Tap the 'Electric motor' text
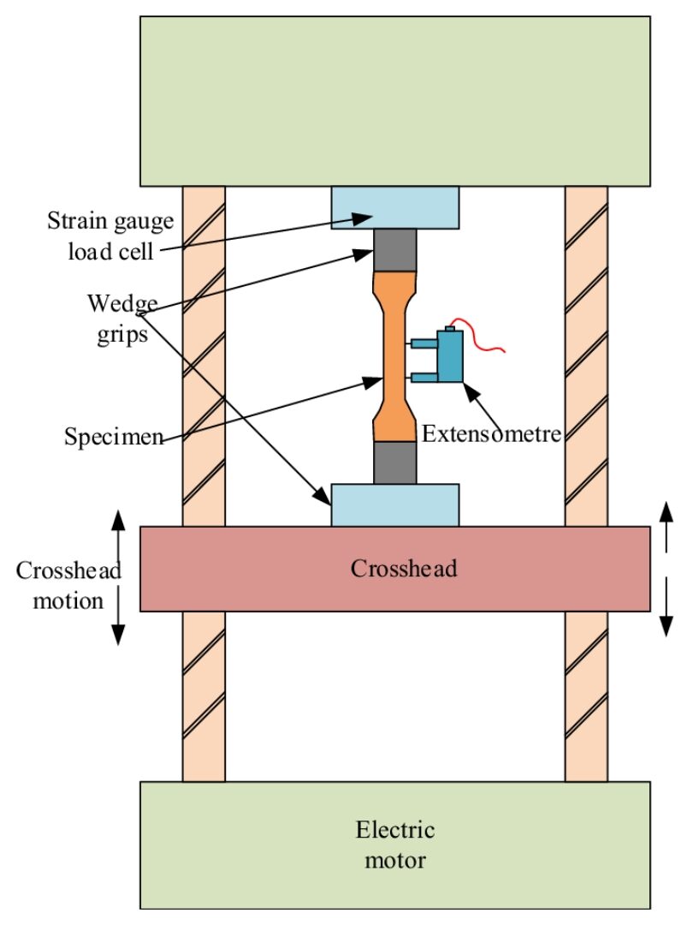click(x=394, y=844)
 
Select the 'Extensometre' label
click(x=491, y=433)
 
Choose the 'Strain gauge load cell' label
click(x=110, y=236)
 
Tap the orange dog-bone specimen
click(x=394, y=355)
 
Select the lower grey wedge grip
click(x=394, y=462)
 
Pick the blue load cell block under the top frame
click(x=394, y=206)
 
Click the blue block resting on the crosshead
click(x=394, y=504)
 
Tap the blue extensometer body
click(x=449, y=355)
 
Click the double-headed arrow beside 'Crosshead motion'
click(x=119, y=576)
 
